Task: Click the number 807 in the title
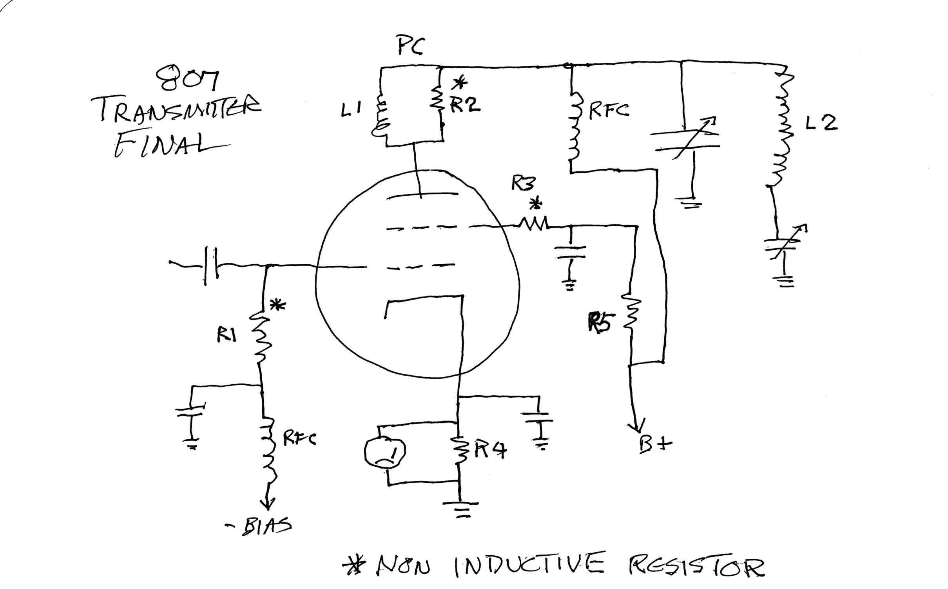187,79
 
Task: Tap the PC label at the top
410,46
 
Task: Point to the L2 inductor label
821,124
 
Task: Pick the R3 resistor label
523,183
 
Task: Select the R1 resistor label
227,336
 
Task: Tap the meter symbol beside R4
384,452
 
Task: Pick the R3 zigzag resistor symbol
534,224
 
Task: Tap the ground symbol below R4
462,509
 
